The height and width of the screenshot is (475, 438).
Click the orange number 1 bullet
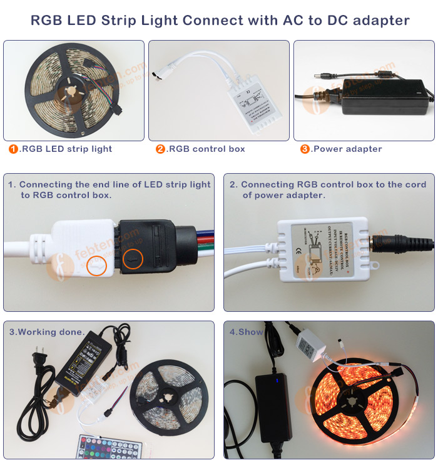pyautogui.click(x=13, y=149)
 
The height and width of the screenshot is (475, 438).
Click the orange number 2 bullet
pyautogui.click(x=160, y=149)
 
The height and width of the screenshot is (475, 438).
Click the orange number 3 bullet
pyautogui.click(x=305, y=149)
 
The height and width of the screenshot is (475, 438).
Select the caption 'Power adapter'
pyautogui.click(x=347, y=149)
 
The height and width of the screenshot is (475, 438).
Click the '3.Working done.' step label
pyautogui.click(x=46, y=332)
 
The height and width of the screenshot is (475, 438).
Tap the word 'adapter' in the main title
pyautogui.click(x=379, y=20)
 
